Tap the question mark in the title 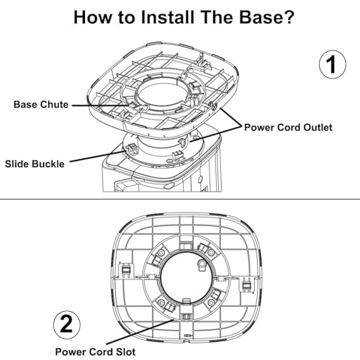(x=287, y=17)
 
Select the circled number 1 (x=333, y=64)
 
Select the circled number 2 (x=67, y=325)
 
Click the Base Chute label (x=41, y=104)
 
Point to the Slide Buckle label (x=35, y=164)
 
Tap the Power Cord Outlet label (x=288, y=127)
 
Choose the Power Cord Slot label (x=95, y=352)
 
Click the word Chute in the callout (x=55, y=104)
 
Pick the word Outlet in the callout (x=318, y=127)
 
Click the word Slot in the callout (x=126, y=352)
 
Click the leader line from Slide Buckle (x=98, y=156)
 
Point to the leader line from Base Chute (x=101, y=105)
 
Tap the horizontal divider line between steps (x=180, y=199)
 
